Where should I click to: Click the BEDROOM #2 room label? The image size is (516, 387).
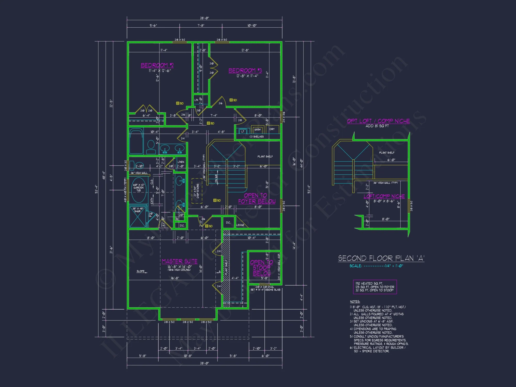click(x=157, y=65)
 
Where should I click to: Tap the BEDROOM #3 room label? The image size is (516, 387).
click(x=245, y=70)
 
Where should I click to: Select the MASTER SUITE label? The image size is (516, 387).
click(x=180, y=261)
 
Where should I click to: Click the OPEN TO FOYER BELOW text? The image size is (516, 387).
click(x=256, y=198)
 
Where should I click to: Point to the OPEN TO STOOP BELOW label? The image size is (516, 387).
click(x=262, y=268)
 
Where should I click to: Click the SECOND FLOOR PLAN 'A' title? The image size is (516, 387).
click(x=381, y=258)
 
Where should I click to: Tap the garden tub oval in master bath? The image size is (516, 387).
click(x=139, y=190)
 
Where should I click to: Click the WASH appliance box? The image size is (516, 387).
click(x=257, y=130)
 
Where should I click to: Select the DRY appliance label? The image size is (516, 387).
click(x=272, y=129)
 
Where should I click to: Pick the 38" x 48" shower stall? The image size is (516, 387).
click(x=138, y=217)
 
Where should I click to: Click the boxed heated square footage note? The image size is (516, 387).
click(x=375, y=287)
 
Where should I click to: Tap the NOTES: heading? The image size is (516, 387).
click(x=355, y=302)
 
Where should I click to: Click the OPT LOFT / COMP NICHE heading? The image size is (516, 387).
click(x=378, y=121)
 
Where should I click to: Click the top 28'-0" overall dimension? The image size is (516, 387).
click(x=204, y=18)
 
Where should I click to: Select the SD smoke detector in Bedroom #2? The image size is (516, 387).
click(x=180, y=103)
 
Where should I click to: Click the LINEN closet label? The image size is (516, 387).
click(x=181, y=162)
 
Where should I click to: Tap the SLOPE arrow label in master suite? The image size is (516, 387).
click(x=141, y=271)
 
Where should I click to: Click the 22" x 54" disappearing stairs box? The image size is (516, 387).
click(x=197, y=191)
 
